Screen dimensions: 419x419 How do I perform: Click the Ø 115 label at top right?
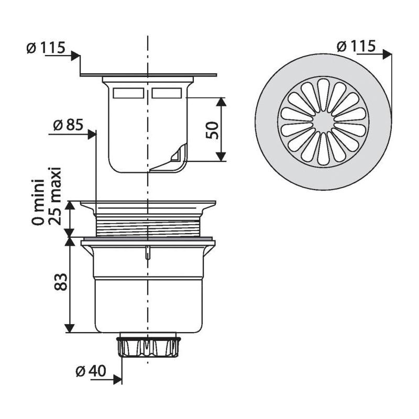click(x=357, y=46)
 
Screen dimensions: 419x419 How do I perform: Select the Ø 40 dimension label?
click(x=91, y=371)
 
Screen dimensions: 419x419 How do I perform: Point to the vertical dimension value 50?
click(x=212, y=129)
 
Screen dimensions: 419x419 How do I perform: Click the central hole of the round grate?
click(x=323, y=122)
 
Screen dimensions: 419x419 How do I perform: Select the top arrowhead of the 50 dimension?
click(x=221, y=101)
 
